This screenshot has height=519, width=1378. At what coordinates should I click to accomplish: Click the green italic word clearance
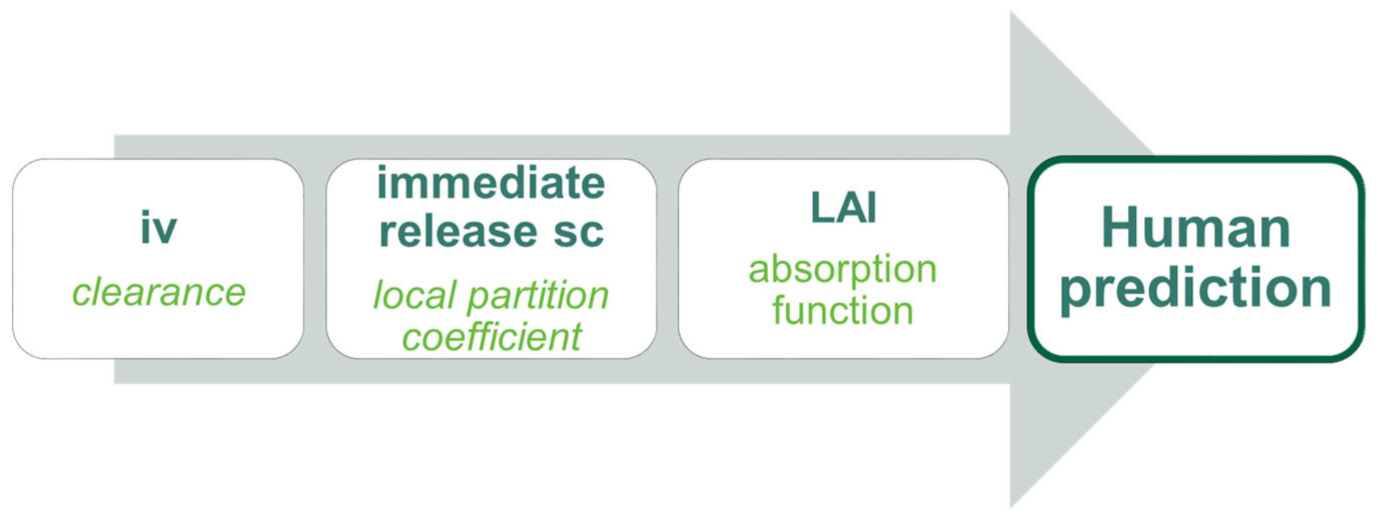[x=159, y=292]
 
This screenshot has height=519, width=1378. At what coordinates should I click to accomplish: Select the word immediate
[x=491, y=182]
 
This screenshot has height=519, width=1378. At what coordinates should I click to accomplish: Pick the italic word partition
[x=538, y=295]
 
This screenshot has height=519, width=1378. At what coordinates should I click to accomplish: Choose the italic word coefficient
[x=492, y=336]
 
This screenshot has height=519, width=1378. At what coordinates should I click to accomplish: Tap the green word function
[x=842, y=309]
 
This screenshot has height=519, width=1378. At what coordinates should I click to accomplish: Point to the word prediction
[x=1196, y=288]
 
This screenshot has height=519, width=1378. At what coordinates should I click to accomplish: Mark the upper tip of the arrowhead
[x=1011, y=11]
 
